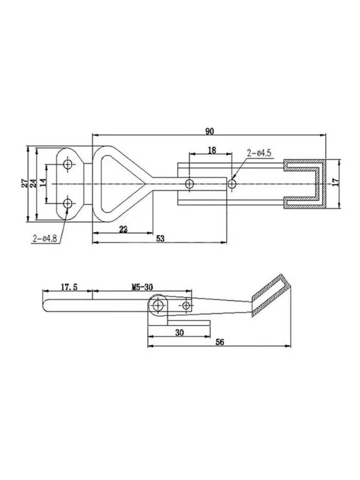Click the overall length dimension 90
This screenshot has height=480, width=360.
tap(210, 131)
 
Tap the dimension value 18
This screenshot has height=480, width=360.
tap(212, 150)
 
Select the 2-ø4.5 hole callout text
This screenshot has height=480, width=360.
tap(259, 153)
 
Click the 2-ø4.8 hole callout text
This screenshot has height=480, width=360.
tap(45, 239)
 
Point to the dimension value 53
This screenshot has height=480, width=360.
tap(160, 238)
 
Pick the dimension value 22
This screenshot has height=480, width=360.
tap(123, 229)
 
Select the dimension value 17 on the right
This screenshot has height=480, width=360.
tap(336, 182)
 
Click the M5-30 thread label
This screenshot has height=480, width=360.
tap(142, 287)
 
